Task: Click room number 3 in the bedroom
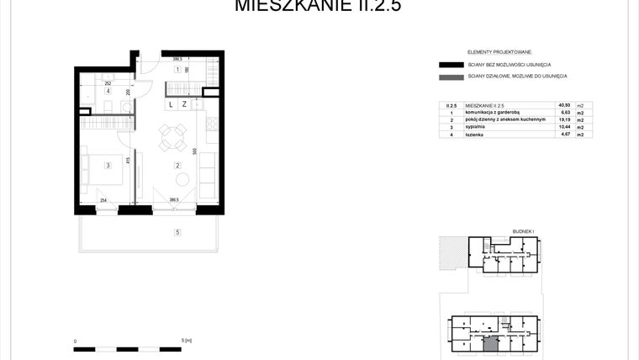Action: [x=108, y=166]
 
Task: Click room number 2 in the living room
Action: [x=177, y=166]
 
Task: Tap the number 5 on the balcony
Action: [x=177, y=231]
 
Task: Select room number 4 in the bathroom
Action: [x=108, y=92]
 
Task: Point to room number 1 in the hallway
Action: [x=177, y=70]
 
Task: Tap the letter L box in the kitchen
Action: [x=171, y=105]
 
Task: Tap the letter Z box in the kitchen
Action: [x=184, y=105]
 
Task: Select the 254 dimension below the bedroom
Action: [x=103, y=200]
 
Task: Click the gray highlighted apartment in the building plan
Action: [x=490, y=342]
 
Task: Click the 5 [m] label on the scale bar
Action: [x=187, y=341]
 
